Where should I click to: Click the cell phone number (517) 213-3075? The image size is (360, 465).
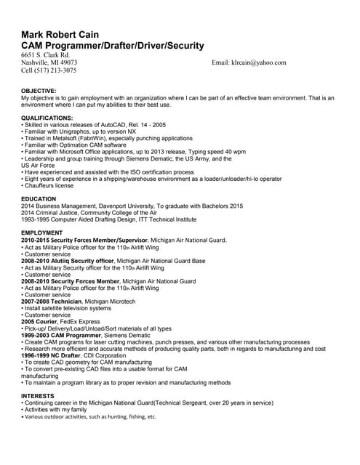pyautogui.click(x=49, y=70)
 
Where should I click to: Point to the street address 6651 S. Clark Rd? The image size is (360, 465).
pyautogui.click(x=46, y=54)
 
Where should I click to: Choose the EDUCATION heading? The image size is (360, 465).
pyautogui.click(x=39, y=198)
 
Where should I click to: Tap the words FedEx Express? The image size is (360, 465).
pyautogui.click(x=79, y=321)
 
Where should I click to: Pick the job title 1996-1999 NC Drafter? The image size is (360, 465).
pyautogui.click(x=52, y=355)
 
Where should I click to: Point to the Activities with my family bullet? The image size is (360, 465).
pyautogui.click(x=56, y=409)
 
